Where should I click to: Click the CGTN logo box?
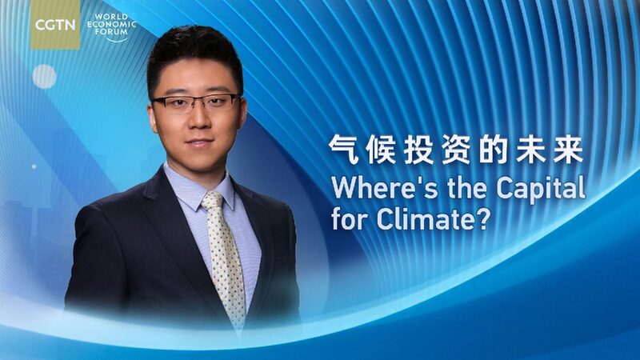point(55,25)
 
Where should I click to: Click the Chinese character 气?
point(345,150)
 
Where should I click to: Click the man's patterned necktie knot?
point(212,201)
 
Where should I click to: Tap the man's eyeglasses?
point(197,103)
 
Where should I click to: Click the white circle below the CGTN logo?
point(44,77)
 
